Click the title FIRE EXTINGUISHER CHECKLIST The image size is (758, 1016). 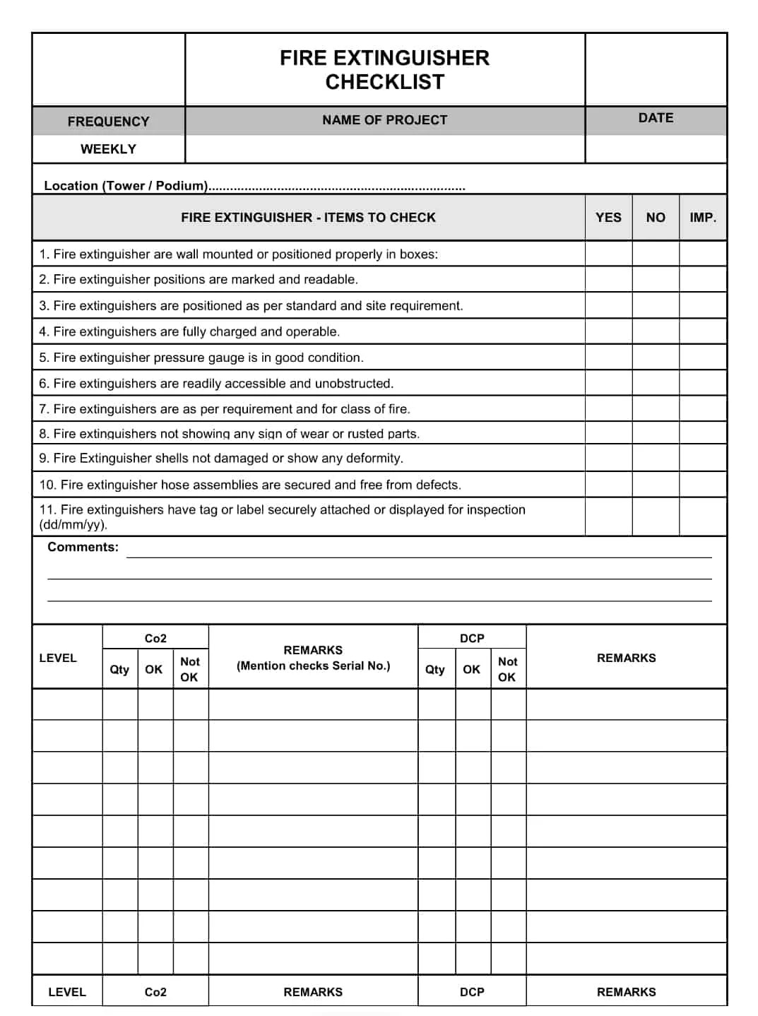coord(384,69)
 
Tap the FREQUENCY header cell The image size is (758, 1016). coord(108,122)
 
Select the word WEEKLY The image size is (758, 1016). coord(108,149)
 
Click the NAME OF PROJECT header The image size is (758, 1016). coord(384,120)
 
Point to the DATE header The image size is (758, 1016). coord(656,118)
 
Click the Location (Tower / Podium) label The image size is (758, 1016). coord(126,186)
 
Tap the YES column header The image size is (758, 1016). coord(608,218)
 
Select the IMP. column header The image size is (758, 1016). coord(703,218)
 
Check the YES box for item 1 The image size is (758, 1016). coord(608,254)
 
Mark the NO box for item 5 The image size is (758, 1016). coord(656,357)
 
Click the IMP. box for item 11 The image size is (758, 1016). coord(703,516)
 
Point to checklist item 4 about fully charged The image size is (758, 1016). coord(189,331)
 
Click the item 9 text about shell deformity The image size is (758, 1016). coord(221,458)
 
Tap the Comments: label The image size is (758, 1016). coord(83,547)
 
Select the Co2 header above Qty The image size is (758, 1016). coord(155,638)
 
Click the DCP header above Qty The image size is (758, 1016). coord(472,638)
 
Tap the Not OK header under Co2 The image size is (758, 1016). coord(190,669)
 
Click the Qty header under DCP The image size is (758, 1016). coord(435,669)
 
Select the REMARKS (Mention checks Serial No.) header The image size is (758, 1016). coord(313,658)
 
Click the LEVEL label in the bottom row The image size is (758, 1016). coord(67,992)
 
